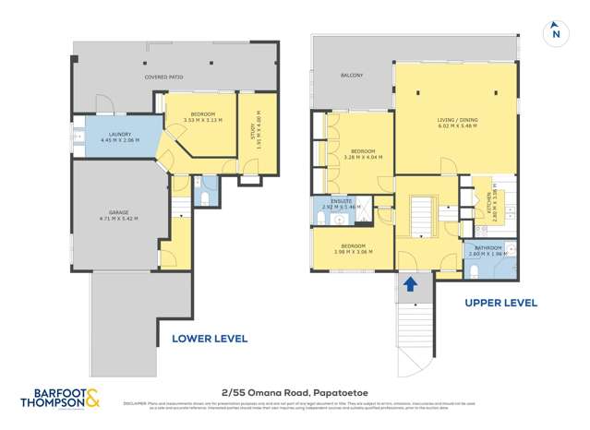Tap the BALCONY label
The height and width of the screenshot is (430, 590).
(352, 76)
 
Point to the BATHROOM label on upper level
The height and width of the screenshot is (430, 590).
(488, 247)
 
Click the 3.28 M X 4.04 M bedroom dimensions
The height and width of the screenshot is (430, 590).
(362, 157)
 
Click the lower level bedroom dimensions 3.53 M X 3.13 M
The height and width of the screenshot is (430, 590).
(196, 120)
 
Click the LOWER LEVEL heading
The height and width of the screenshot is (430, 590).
(210, 339)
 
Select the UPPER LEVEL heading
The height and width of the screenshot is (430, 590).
(500, 303)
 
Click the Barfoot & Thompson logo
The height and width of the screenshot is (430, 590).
(60, 400)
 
